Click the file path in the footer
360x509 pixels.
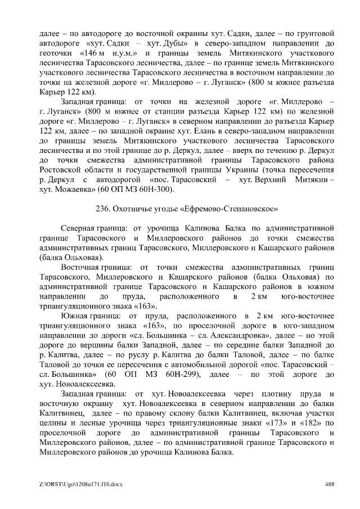tap(74, 483)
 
